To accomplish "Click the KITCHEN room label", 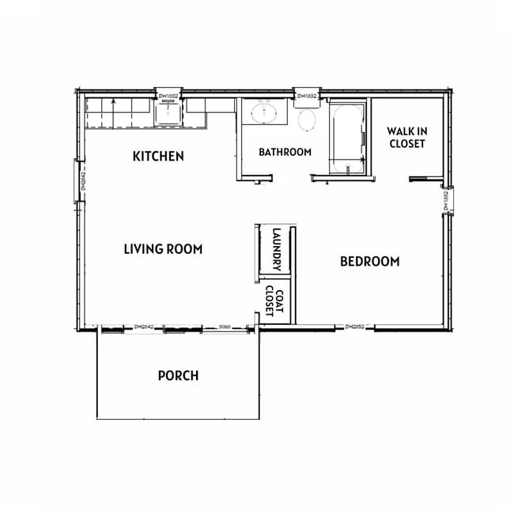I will tap(158, 157).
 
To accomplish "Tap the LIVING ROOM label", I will tap(163, 249).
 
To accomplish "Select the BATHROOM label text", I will tap(285, 152).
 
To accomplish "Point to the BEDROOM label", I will tap(369, 262).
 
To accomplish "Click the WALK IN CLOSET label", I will tap(406, 137).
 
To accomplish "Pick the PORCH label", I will tap(178, 376).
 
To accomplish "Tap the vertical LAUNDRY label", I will tap(276, 250).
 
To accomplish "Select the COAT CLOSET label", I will tap(274, 300).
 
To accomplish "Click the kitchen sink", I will tap(168, 114).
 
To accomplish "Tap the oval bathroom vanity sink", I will tap(264, 112).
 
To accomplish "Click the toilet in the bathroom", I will tap(308, 121).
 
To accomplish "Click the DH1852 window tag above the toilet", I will tap(306, 96).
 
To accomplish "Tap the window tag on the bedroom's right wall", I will tap(446, 200).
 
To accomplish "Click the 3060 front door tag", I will tap(224, 325).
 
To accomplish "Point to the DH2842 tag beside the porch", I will tap(143, 325).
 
